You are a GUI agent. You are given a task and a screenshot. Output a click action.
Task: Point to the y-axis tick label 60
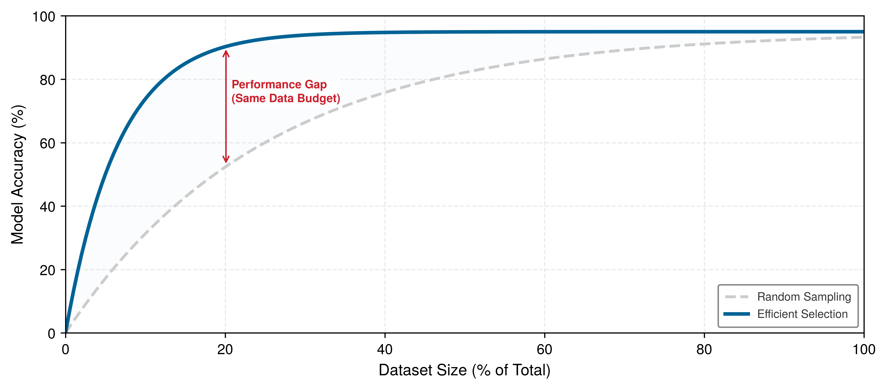pyautogui.click(x=47, y=143)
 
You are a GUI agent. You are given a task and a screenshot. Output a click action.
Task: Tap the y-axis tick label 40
pyautogui.click(x=47, y=207)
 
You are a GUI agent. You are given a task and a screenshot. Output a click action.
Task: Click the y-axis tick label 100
pyautogui.click(x=44, y=16)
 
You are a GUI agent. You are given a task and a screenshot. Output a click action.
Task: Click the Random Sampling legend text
pyautogui.click(x=804, y=297)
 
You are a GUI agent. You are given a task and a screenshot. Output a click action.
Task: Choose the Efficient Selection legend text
pyautogui.click(x=802, y=314)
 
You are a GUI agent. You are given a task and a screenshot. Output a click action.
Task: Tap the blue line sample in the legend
pyautogui.click(x=737, y=314)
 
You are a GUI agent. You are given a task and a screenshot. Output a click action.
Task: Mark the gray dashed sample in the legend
pyautogui.click(x=737, y=297)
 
